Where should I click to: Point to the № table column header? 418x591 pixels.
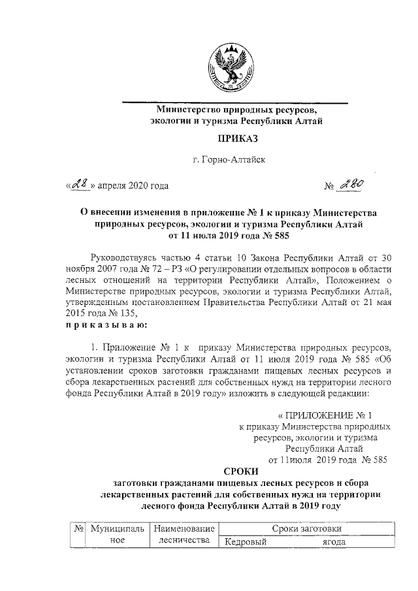(x=78, y=528)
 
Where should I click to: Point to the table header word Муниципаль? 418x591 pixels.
(x=117, y=528)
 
